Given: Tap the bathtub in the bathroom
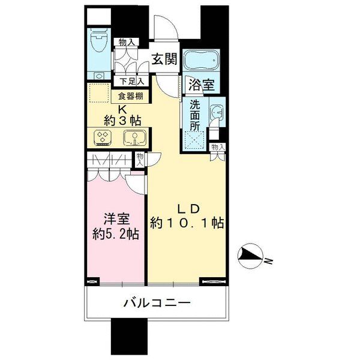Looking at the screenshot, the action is click(201, 60).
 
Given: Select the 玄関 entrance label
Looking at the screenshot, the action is click(165, 59).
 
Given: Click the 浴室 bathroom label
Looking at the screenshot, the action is click(202, 85).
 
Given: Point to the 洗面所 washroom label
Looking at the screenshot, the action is click(195, 115).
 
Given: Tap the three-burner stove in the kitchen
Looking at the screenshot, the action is click(103, 138).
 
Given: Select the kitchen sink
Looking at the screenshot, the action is click(135, 138).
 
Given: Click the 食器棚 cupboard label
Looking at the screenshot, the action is click(131, 96).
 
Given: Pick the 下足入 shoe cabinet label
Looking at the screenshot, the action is click(132, 81).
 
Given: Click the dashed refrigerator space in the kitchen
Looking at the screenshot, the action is click(99, 93).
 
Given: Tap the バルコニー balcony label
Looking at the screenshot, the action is click(157, 303).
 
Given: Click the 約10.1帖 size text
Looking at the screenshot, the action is click(187, 223).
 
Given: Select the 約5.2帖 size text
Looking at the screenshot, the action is click(115, 235).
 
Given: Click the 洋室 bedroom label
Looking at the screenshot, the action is click(116, 219).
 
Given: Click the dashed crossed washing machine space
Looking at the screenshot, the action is click(194, 140).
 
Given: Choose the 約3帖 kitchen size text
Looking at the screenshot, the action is click(122, 121).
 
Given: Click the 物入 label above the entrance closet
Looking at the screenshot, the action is click(126, 42).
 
